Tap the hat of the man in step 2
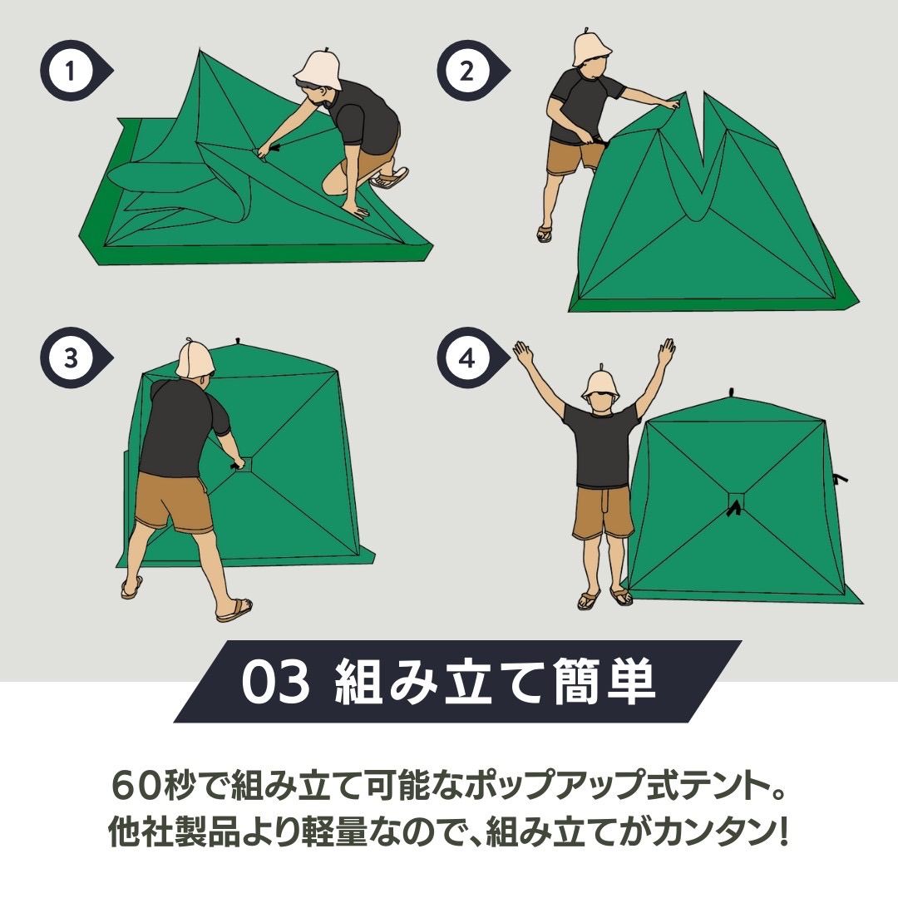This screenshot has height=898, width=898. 592,48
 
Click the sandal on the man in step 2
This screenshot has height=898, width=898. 544,233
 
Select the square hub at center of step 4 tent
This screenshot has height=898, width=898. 737,501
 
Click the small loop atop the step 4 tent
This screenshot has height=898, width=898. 732,392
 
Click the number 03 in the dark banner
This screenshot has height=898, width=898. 275,682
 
